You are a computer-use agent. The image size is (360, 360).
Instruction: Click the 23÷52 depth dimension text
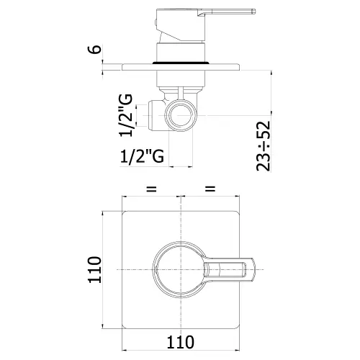coord(264,146)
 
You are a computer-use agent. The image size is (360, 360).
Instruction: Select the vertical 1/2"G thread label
coord(126,115)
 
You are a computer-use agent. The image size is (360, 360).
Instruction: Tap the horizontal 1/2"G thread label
coord(142,156)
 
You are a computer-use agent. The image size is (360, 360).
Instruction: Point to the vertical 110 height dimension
coord(95,269)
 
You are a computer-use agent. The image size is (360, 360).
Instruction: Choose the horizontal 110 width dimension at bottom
coord(180,342)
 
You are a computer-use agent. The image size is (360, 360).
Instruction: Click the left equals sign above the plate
coord(151,189)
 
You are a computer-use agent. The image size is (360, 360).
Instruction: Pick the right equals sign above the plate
coord(210,189)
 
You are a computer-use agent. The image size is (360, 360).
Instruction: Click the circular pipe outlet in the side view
coord(181,116)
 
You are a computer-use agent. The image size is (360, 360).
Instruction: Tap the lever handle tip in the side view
coord(253,12)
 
